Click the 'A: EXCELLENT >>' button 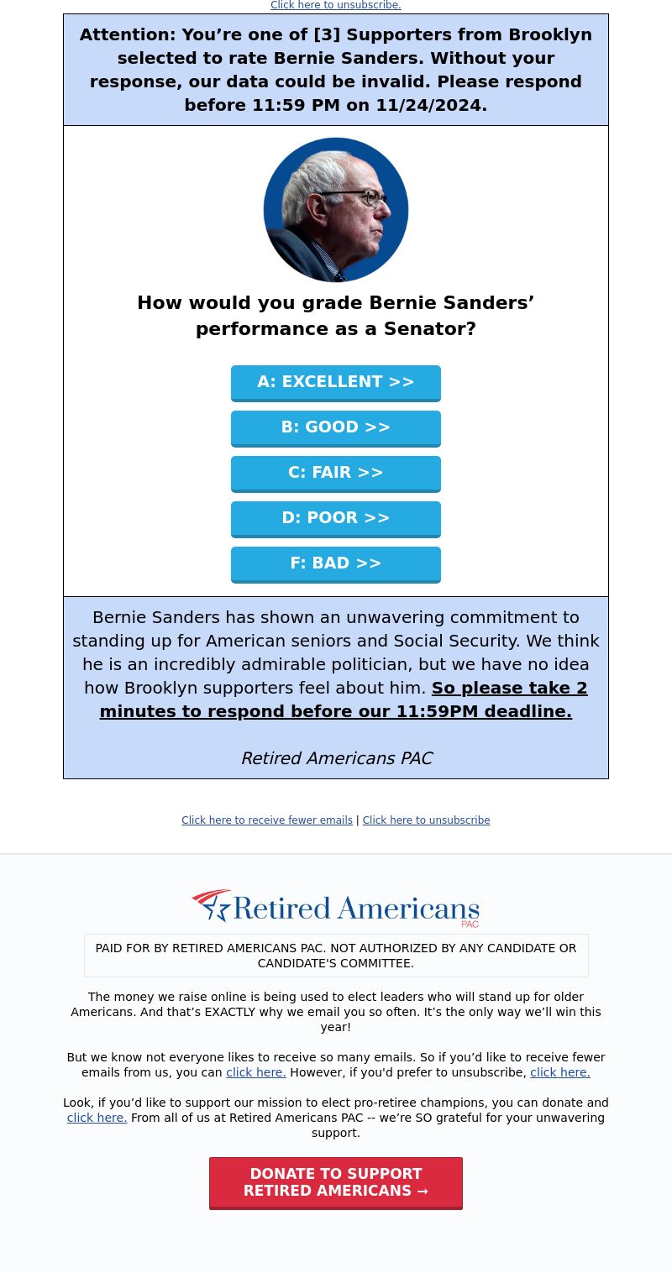335,382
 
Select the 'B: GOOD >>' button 335,427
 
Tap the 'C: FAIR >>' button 335,473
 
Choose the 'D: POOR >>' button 335,518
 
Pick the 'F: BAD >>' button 335,563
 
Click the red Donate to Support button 335,1182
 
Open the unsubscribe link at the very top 335,5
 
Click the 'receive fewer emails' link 267,820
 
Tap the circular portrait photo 335,210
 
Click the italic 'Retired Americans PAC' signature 336,758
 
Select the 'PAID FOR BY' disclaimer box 335,956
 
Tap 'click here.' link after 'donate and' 97,1118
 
